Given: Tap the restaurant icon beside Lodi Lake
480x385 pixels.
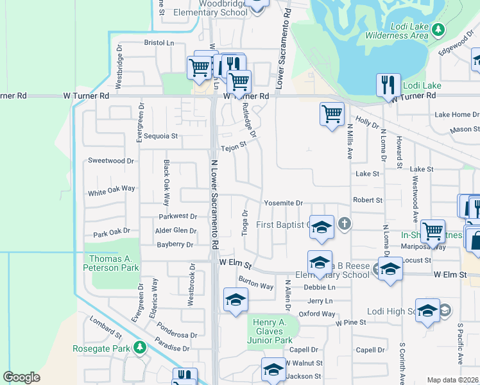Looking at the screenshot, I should click(387, 85).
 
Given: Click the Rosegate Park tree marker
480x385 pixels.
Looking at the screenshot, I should click(140, 348).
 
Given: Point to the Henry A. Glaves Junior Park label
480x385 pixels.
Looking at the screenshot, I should click(270, 331).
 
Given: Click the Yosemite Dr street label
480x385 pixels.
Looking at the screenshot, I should click(283, 203).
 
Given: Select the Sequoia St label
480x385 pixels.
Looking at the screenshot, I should click(160, 137).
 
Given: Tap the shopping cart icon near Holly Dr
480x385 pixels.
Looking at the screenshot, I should click(331, 114).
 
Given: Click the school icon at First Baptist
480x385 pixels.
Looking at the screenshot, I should click(321, 227).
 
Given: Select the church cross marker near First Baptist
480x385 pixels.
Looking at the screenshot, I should click(345, 224).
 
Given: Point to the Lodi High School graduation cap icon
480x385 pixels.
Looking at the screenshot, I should click(427, 311).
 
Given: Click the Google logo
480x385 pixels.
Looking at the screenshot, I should click(21, 377).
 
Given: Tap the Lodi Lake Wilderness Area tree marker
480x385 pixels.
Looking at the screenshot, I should click(438, 29).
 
